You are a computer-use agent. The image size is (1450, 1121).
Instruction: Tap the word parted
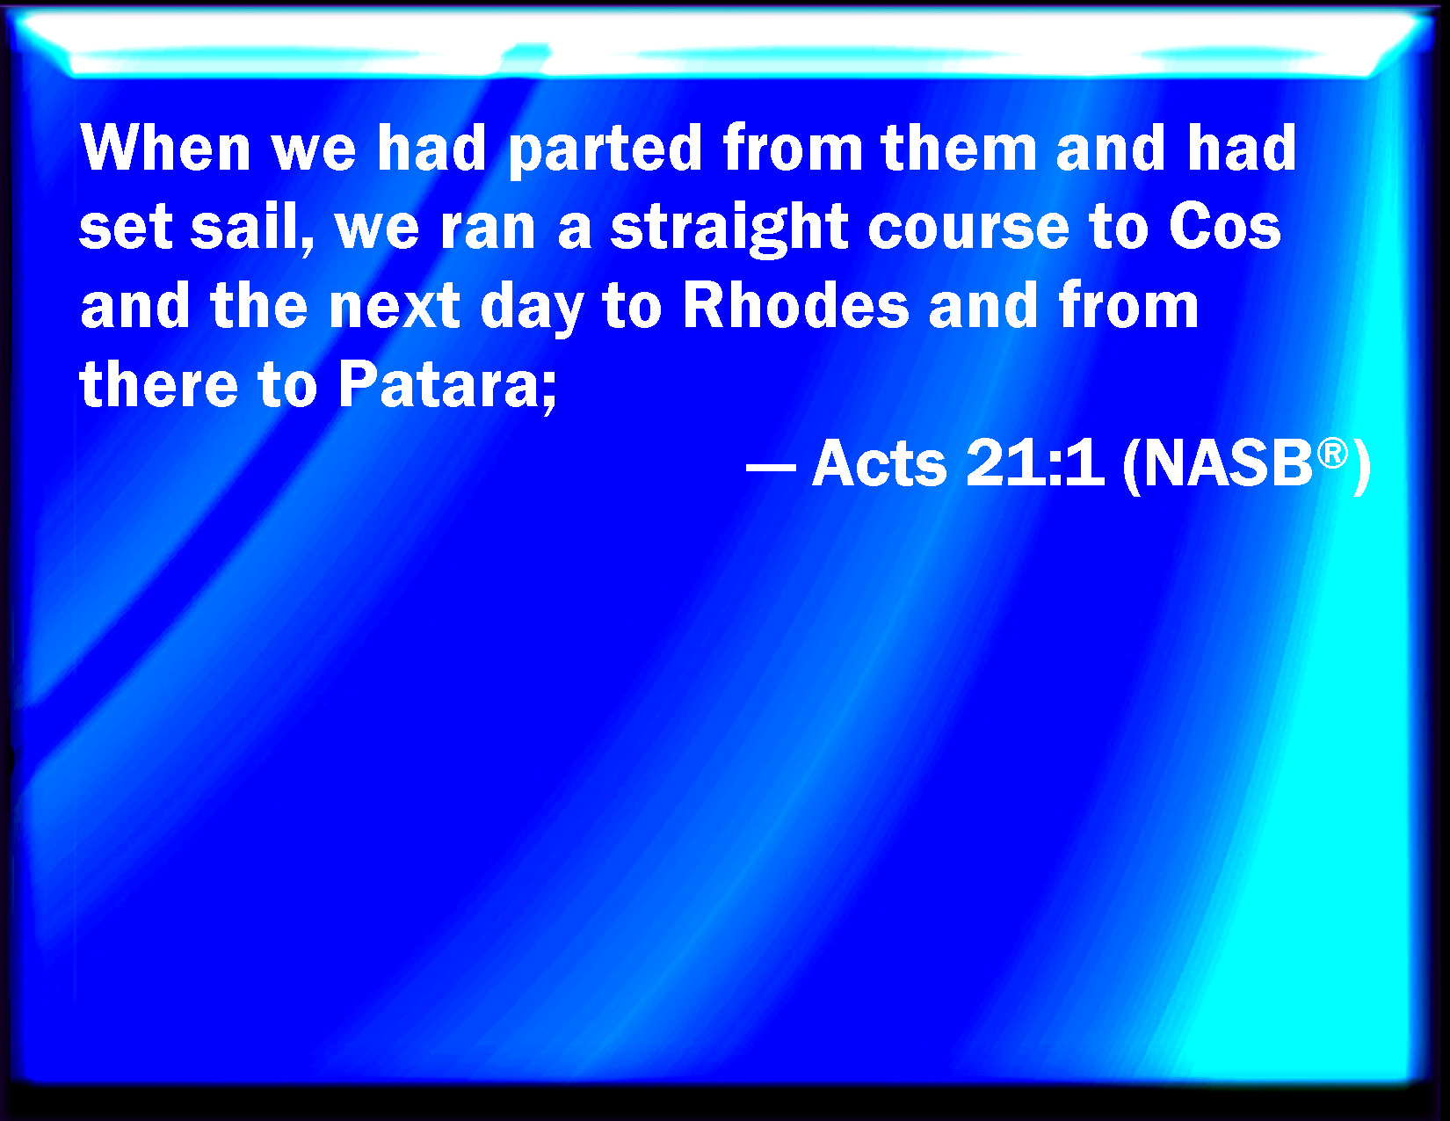pyautogui.click(x=605, y=151)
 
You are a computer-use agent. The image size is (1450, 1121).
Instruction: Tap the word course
pyautogui.click(x=969, y=231)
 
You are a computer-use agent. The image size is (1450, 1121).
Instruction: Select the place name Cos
pyautogui.click(x=1225, y=227)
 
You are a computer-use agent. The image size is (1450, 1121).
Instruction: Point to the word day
pyautogui.click(x=532, y=310)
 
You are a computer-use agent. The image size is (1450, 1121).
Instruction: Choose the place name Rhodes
pyautogui.click(x=796, y=305)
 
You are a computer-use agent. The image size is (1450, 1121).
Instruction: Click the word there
pyautogui.click(x=159, y=384)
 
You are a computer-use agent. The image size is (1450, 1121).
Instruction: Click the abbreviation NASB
pyautogui.click(x=1228, y=462)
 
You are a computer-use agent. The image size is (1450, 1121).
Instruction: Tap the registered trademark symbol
pyautogui.click(x=1332, y=454)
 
